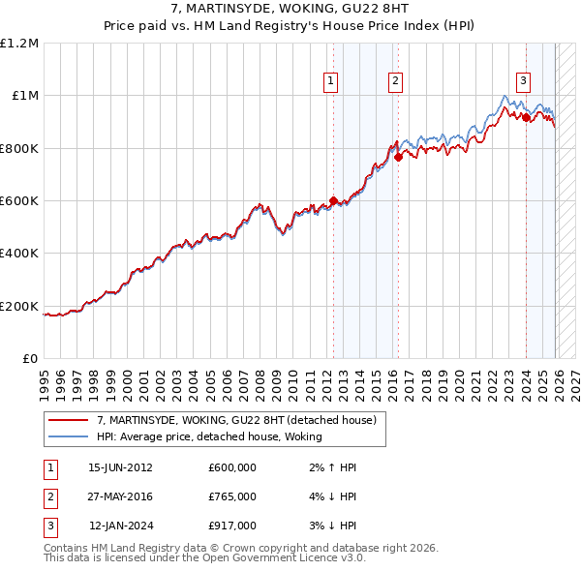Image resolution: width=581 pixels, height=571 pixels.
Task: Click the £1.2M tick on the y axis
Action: click(19, 43)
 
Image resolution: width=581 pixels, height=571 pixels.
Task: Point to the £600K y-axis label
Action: click(19, 200)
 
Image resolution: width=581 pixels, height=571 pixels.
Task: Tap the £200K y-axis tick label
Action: click(19, 306)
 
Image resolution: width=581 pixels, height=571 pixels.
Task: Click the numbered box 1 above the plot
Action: click(331, 81)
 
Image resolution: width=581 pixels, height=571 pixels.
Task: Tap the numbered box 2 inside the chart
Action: click(396, 81)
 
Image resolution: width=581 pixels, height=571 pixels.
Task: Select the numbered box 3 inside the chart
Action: click(523, 81)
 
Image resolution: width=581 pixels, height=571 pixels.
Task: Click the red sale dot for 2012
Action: click(334, 201)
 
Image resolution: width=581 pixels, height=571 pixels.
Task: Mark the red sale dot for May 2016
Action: click(398, 158)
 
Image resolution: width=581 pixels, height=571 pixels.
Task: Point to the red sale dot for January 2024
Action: click(526, 118)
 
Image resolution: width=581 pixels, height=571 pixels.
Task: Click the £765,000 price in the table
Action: click(231, 496)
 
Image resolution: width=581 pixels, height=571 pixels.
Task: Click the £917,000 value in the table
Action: click(231, 526)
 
